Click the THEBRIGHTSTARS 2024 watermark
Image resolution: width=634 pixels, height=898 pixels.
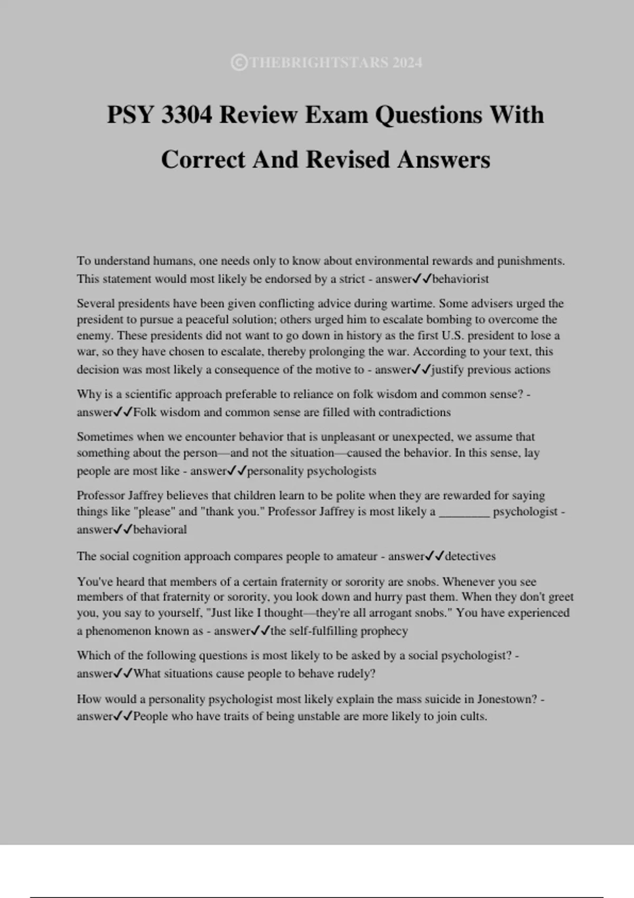[x=335, y=63]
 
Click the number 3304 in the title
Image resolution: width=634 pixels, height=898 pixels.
[x=187, y=115]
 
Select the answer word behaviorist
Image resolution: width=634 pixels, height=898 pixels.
[x=460, y=279]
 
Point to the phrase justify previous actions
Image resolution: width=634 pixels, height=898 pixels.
[x=490, y=370]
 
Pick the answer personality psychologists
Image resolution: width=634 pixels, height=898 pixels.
[x=312, y=471]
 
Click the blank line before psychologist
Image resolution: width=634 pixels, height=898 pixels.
[x=464, y=512]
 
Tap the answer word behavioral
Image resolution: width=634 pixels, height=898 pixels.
[x=160, y=529]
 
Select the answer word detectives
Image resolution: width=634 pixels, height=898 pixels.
[x=470, y=556]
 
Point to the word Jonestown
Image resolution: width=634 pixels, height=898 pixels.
[x=507, y=699]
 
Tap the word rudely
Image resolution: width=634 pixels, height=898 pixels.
[x=358, y=673]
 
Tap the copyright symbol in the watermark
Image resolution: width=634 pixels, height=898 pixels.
[x=239, y=63]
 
